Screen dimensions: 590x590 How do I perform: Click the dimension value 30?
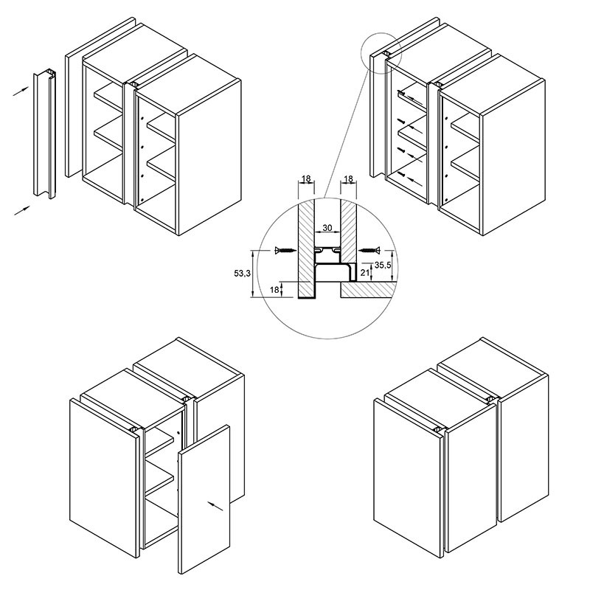pos(327,228)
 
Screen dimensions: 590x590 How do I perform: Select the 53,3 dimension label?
pos(243,274)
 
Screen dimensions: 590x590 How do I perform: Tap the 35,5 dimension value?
pos(383,265)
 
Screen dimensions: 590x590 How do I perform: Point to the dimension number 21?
pos(364,272)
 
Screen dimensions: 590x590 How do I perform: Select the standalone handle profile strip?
pos(45,133)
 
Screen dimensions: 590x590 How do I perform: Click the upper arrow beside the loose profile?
pos(21,91)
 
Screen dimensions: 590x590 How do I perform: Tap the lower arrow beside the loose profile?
pos(22,211)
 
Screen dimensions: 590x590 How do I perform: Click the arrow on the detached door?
pos(215,506)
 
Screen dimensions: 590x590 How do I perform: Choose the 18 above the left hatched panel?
pos(306,178)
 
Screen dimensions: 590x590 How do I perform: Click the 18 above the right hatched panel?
pos(349,178)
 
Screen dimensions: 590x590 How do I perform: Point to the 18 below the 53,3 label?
pos(274,290)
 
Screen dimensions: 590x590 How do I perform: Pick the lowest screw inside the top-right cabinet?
pos(402,174)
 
